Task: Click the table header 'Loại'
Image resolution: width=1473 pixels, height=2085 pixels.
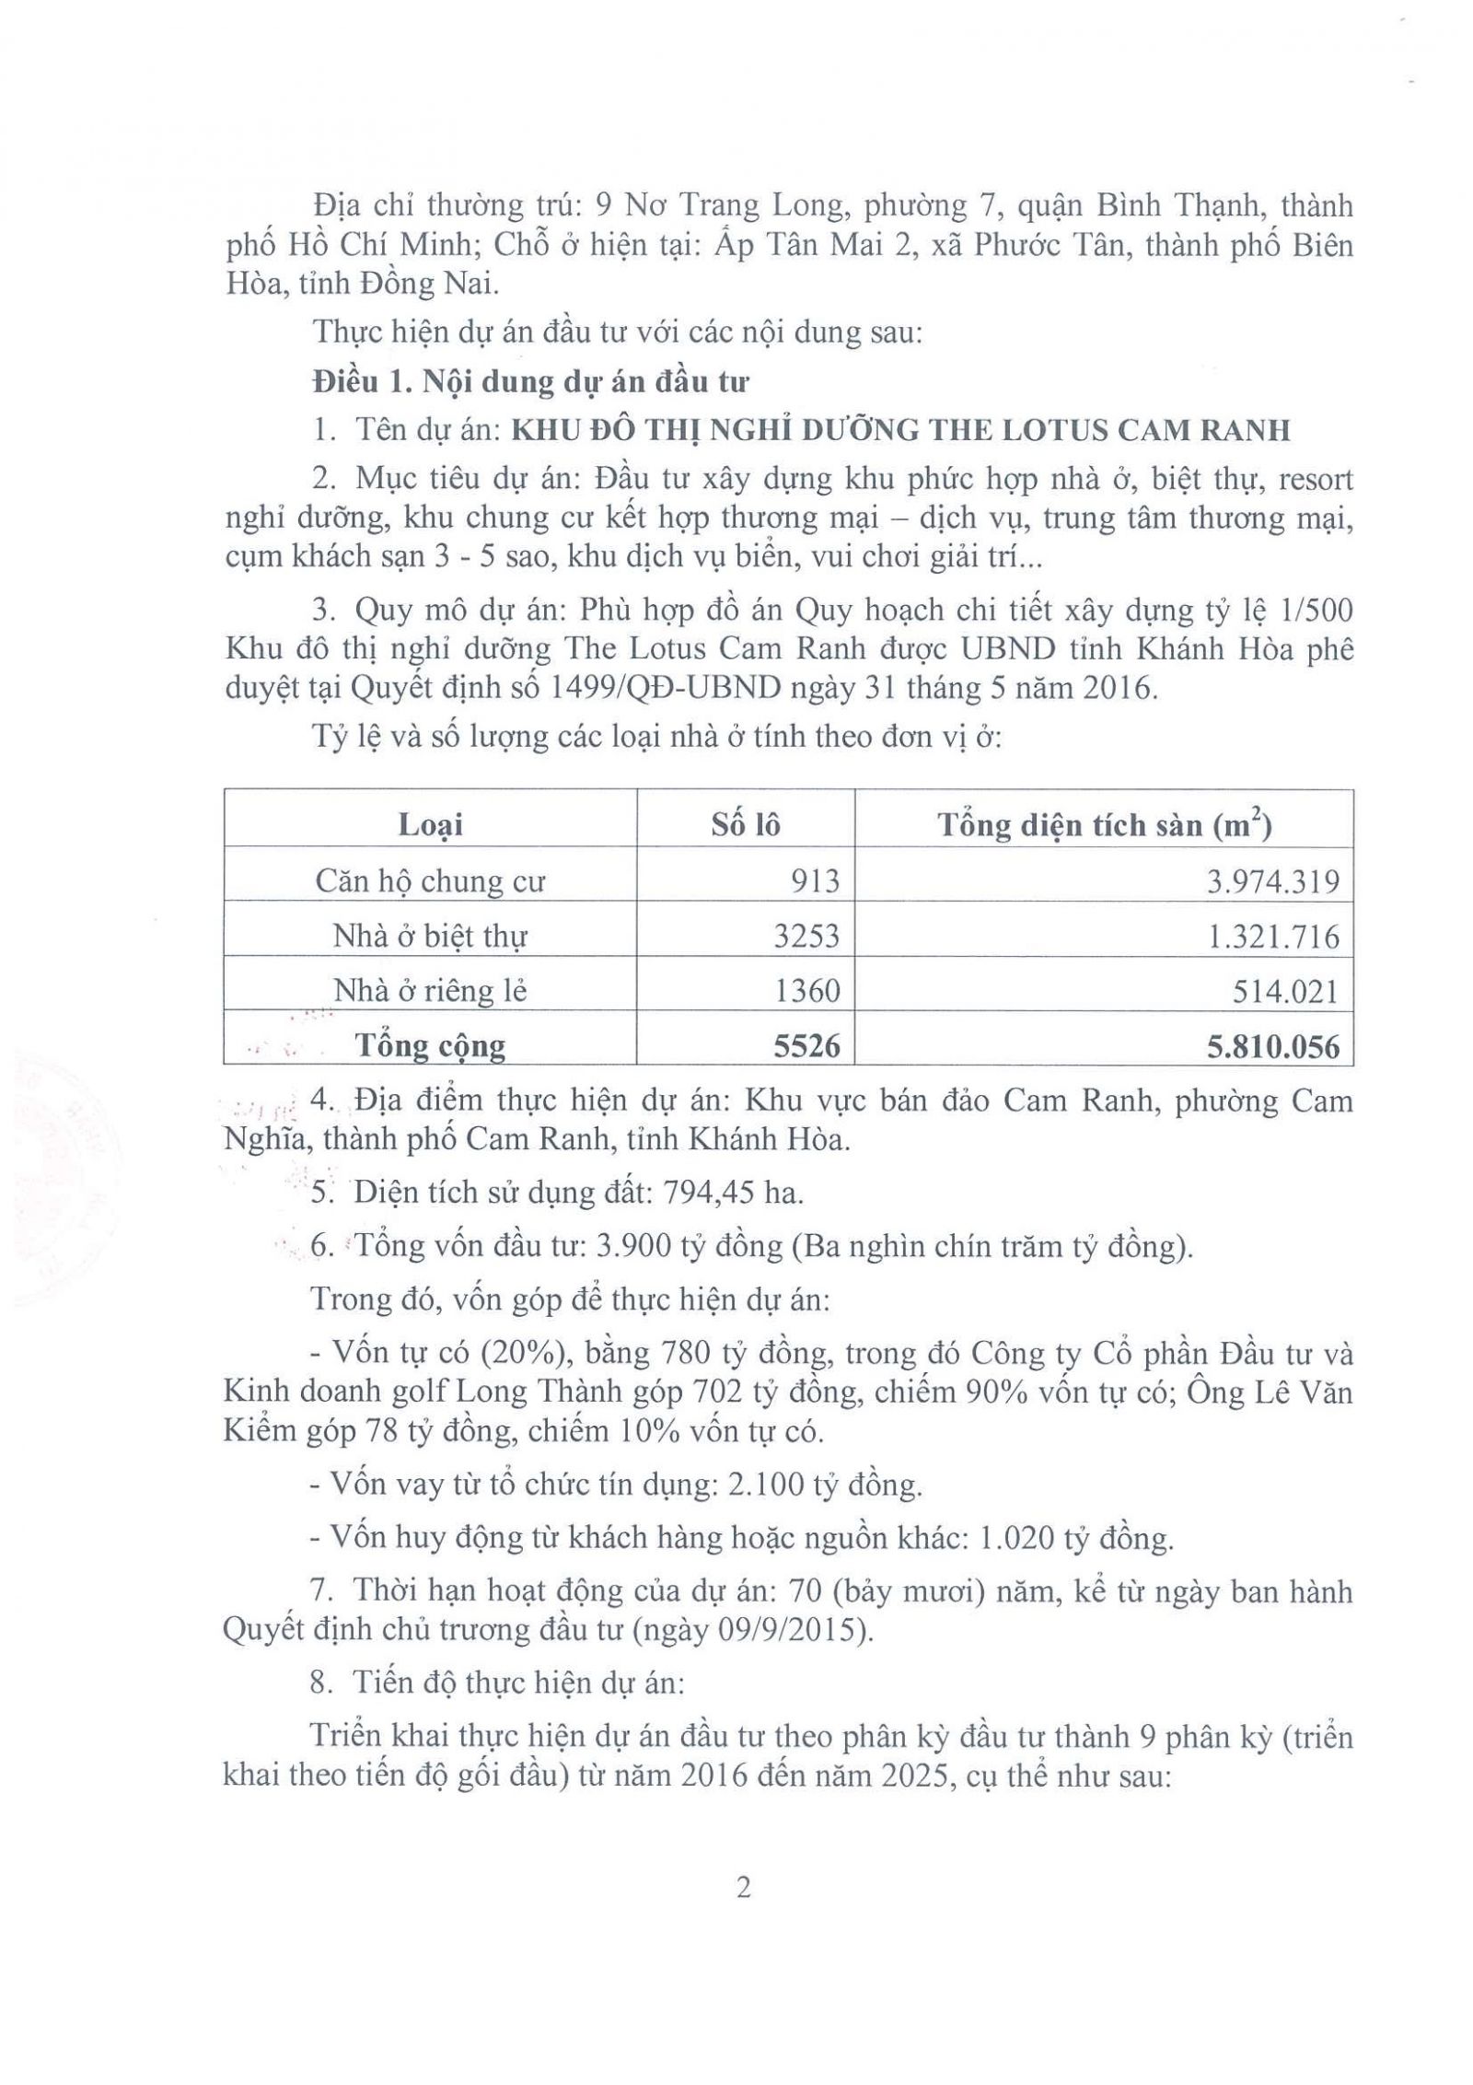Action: click(x=429, y=824)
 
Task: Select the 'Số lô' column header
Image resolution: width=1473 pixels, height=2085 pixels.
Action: click(x=745, y=824)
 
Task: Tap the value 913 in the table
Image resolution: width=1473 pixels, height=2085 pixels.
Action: click(x=815, y=881)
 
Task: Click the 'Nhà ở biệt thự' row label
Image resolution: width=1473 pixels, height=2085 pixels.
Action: click(x=429, y=936)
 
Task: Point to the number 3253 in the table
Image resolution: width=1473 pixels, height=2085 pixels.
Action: click(x=806, y=936)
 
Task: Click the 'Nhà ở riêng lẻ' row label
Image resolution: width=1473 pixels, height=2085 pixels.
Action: click(x=429, y=990)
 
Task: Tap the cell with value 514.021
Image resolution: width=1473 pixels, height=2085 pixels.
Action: click(x=1287, y=991)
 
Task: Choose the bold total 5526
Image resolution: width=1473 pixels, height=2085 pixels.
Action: click(x=806, y=1045)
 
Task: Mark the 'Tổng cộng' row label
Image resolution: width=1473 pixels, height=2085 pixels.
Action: click(x=430, y=1045)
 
